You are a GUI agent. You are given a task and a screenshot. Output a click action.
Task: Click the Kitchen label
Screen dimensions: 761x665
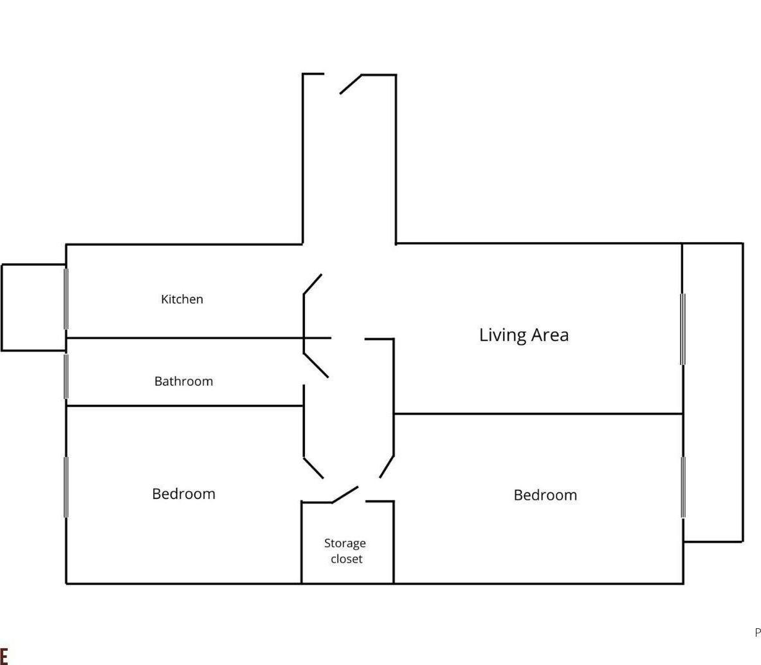pos(182,299)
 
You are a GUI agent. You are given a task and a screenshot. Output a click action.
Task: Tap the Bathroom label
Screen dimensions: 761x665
pos(183,381)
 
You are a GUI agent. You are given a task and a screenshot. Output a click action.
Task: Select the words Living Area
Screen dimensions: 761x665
pos(524,335)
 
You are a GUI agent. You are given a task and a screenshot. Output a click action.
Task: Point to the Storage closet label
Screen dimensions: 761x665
pos(345,551)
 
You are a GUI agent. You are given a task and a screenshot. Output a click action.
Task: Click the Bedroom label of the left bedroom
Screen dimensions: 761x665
pos(183,494)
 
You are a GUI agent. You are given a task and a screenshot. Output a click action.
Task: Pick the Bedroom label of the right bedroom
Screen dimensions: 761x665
pos(545,495)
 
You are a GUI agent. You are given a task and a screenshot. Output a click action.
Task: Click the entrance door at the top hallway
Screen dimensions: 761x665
pos(351,84)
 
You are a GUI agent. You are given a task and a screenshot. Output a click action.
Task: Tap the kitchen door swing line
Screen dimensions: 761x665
pos(313,284)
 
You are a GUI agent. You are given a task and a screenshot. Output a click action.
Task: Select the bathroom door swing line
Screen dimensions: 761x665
pos(316,365)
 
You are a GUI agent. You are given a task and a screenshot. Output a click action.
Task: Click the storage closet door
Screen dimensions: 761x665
pos(345,494)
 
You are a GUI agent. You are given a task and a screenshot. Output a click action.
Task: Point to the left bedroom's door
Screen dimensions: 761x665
pos(313,468)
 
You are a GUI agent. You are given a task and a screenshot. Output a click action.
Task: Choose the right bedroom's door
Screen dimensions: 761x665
pos(387,467)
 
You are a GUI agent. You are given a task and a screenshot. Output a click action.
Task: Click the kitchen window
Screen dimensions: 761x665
pos(66,299)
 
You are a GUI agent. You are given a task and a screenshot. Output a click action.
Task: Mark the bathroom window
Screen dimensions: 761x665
pos(66,377)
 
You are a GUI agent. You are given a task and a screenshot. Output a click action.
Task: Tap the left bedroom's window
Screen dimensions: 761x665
pos(66,487)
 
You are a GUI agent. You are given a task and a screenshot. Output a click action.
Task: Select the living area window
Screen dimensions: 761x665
pos(683,329)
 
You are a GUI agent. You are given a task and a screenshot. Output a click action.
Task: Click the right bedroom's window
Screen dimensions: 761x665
pos(683,487)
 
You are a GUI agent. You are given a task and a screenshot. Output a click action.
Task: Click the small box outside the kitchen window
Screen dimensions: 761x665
pos(33,308)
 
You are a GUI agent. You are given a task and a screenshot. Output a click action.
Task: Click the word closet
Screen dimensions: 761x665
pos(347,559)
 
